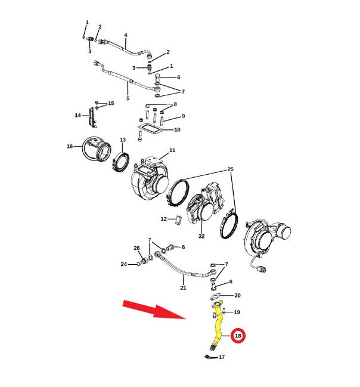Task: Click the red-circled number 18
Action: point(238,336)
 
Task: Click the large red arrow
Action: point(154,309)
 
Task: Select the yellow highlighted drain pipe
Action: point(217,326)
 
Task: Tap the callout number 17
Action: point(222,357)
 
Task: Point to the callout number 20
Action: point(237,295)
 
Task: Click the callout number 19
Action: point(237,312)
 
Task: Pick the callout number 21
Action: point(183,288)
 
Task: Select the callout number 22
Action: point(201,236)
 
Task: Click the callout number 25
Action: point(230,169)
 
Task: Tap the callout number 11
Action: point(172,150)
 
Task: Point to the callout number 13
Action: point(123,140)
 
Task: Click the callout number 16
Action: point(70,146)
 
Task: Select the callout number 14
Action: point(77,115)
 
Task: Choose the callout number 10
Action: point(178,130)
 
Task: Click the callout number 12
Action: point(163,219)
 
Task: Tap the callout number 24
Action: point(123,264)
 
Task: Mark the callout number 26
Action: point(136,248)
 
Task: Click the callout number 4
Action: point(126,35)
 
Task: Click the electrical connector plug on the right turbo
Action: point(262,268)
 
